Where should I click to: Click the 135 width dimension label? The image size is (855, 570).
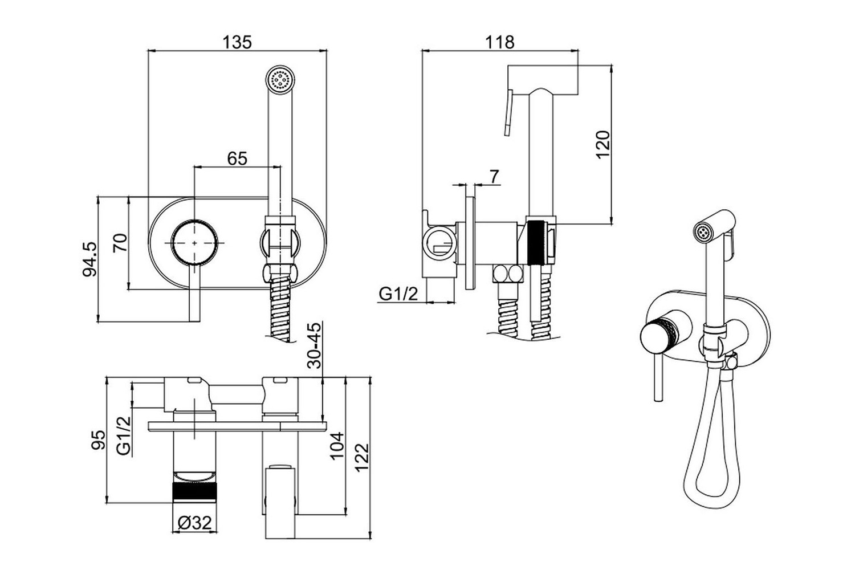pos(237,42)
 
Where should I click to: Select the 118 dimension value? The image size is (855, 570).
pos(500,42)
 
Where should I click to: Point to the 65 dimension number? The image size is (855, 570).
pos(237,158)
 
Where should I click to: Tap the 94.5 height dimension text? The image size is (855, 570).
pos(91,259)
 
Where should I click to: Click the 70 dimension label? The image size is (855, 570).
pos(120,243)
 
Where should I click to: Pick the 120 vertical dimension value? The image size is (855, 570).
pos(602,144)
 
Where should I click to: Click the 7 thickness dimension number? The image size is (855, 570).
pos(494,176)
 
